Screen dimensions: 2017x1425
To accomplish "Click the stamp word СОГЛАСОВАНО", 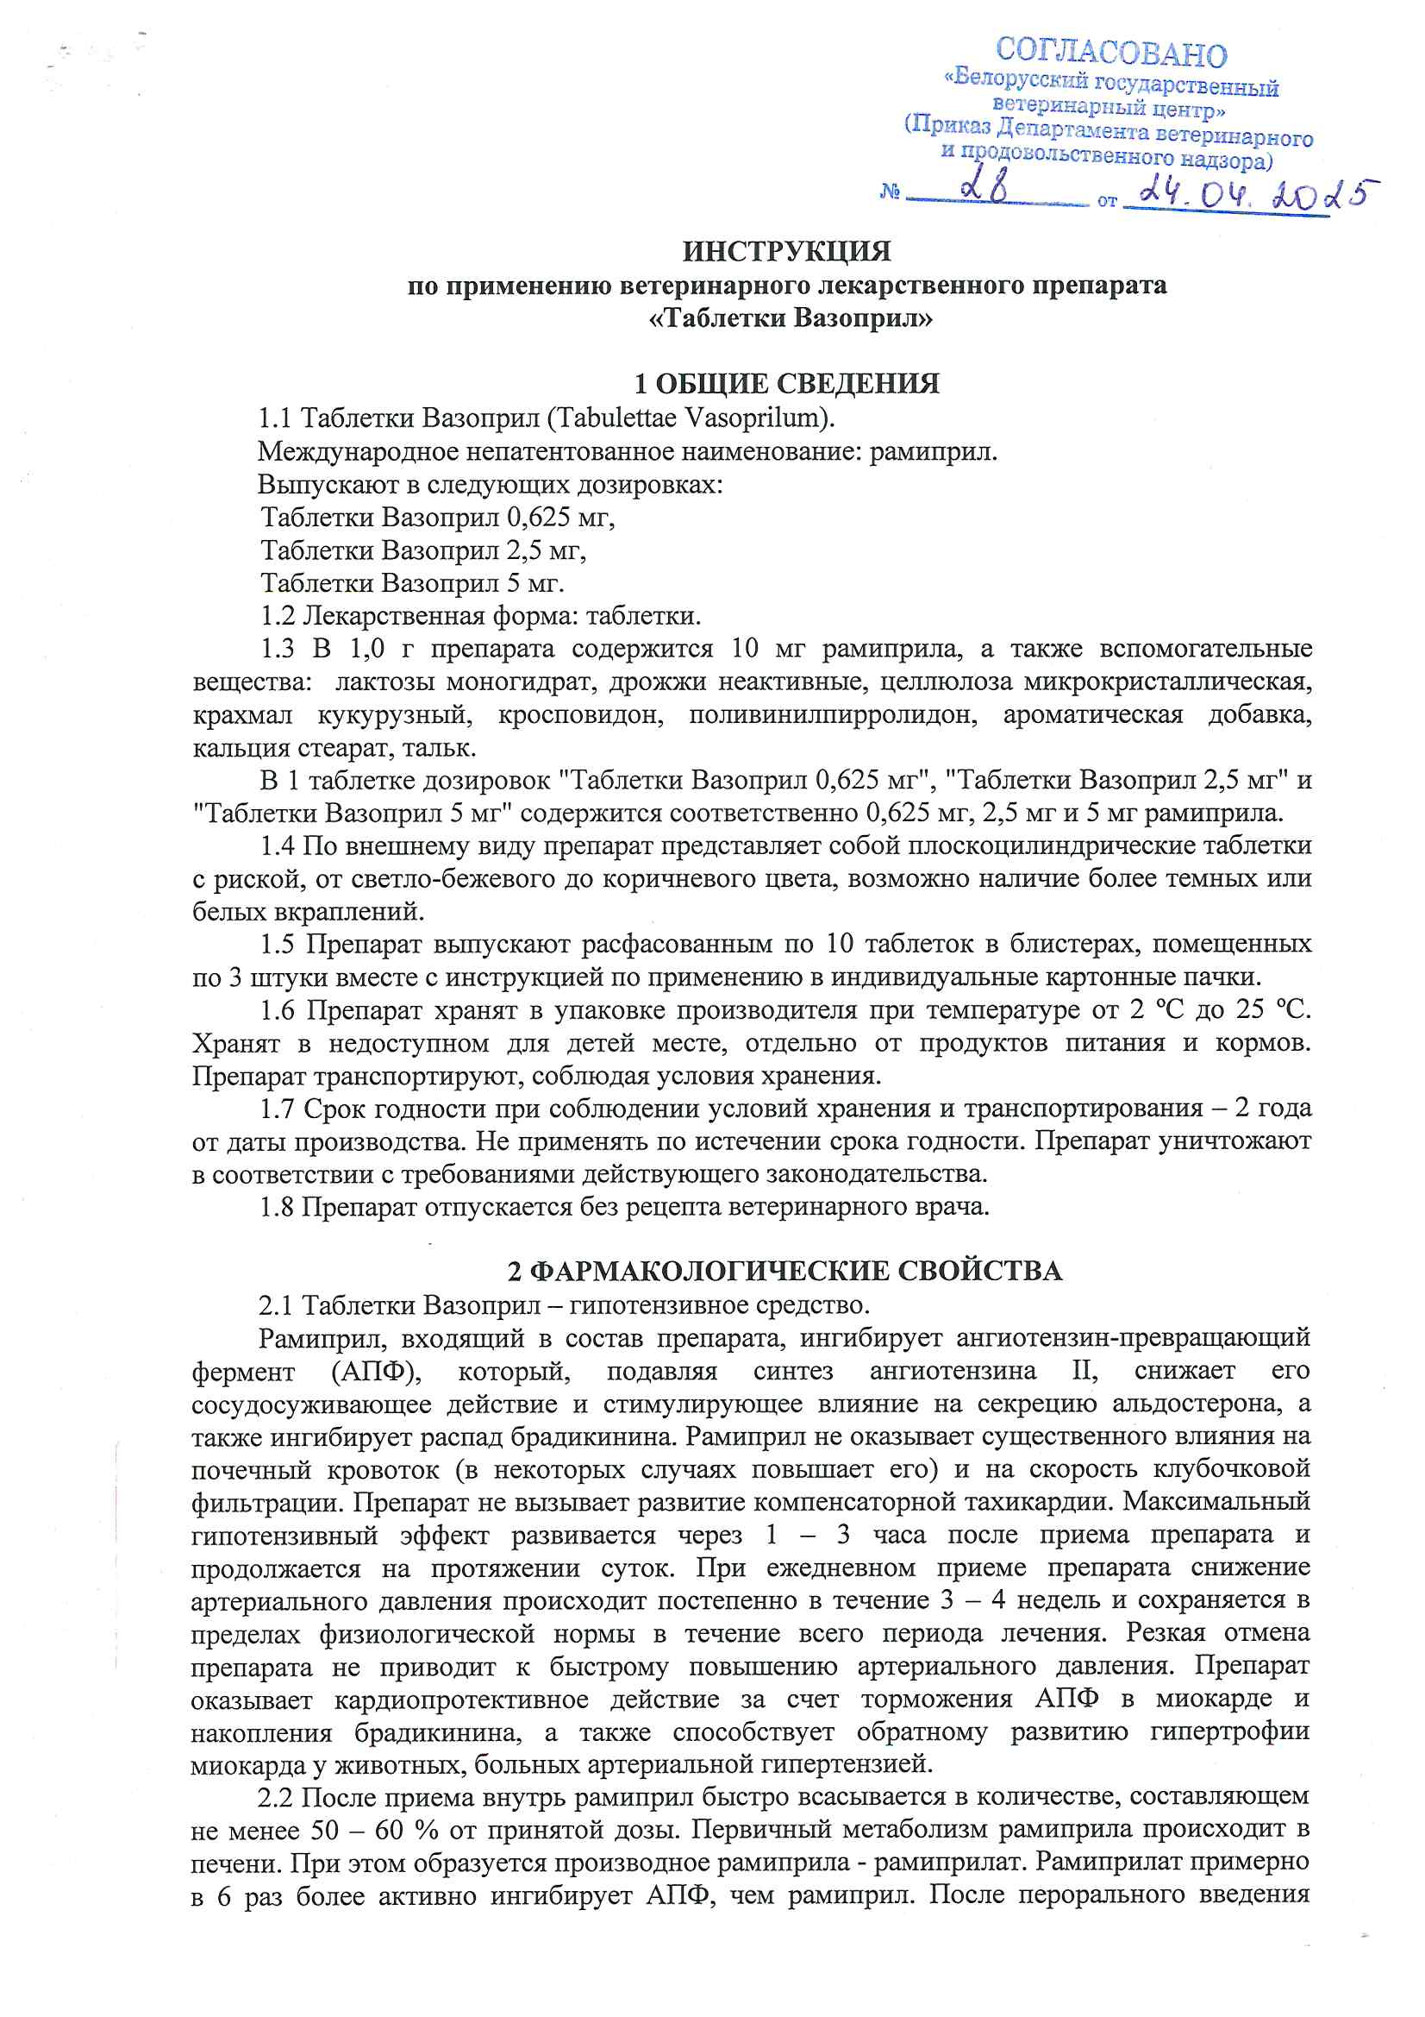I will pos(1110,53).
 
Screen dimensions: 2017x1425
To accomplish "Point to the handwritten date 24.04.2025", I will pos(1256,195).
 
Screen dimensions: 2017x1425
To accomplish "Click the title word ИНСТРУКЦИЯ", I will pos(787,252).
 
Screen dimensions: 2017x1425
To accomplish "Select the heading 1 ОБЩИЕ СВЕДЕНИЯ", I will pos(787,384).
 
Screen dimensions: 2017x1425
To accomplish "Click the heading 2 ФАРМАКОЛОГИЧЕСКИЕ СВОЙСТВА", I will pos(785,1271).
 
